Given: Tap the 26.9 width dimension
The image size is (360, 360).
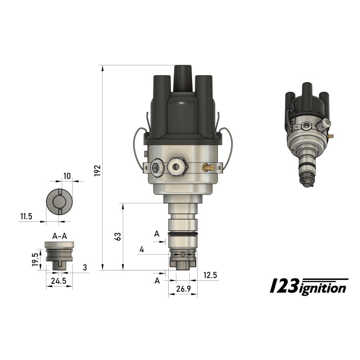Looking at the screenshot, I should (x=182, y=289).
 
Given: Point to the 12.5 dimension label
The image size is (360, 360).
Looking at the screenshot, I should (x=210, y=274).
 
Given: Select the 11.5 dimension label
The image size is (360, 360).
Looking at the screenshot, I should (x=26, y=216).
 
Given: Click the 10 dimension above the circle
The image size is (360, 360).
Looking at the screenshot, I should (x=67, y=176).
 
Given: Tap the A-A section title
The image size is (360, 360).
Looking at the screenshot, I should (x=59, y=235).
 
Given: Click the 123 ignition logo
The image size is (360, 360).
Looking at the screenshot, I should (x=308, y=286).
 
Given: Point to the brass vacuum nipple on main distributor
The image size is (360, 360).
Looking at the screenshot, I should (x=208, y=168).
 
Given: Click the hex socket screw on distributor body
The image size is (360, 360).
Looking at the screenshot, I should (x=156, y=167).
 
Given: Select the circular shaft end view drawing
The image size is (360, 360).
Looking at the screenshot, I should (x=59, y=202).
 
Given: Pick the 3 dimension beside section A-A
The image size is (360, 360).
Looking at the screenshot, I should (x=84, y=268).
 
